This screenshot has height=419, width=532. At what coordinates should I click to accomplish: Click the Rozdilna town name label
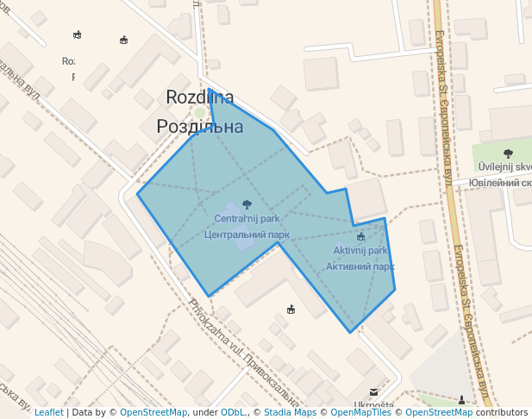199,97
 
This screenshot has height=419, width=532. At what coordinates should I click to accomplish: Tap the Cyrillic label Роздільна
199,127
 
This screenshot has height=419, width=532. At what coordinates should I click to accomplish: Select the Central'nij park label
247,219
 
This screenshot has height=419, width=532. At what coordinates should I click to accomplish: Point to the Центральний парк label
247,234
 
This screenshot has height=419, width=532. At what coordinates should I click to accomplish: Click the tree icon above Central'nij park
247,204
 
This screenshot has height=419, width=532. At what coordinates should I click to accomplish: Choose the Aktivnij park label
360,251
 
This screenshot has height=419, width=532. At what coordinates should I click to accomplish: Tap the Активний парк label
360,266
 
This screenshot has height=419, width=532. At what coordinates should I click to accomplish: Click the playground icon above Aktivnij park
360,236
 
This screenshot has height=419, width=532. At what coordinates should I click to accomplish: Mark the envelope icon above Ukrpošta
373,391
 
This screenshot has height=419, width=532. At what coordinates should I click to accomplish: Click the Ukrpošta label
373,405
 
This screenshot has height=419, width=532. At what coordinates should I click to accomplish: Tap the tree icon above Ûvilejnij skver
508,153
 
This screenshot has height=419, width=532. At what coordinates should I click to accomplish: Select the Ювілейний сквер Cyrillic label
501,183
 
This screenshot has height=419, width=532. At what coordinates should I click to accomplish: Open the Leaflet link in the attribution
48,413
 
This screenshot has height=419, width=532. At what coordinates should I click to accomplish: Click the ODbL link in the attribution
233,413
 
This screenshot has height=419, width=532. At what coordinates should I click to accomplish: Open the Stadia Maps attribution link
290,413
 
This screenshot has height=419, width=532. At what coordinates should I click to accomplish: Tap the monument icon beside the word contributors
462,399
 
